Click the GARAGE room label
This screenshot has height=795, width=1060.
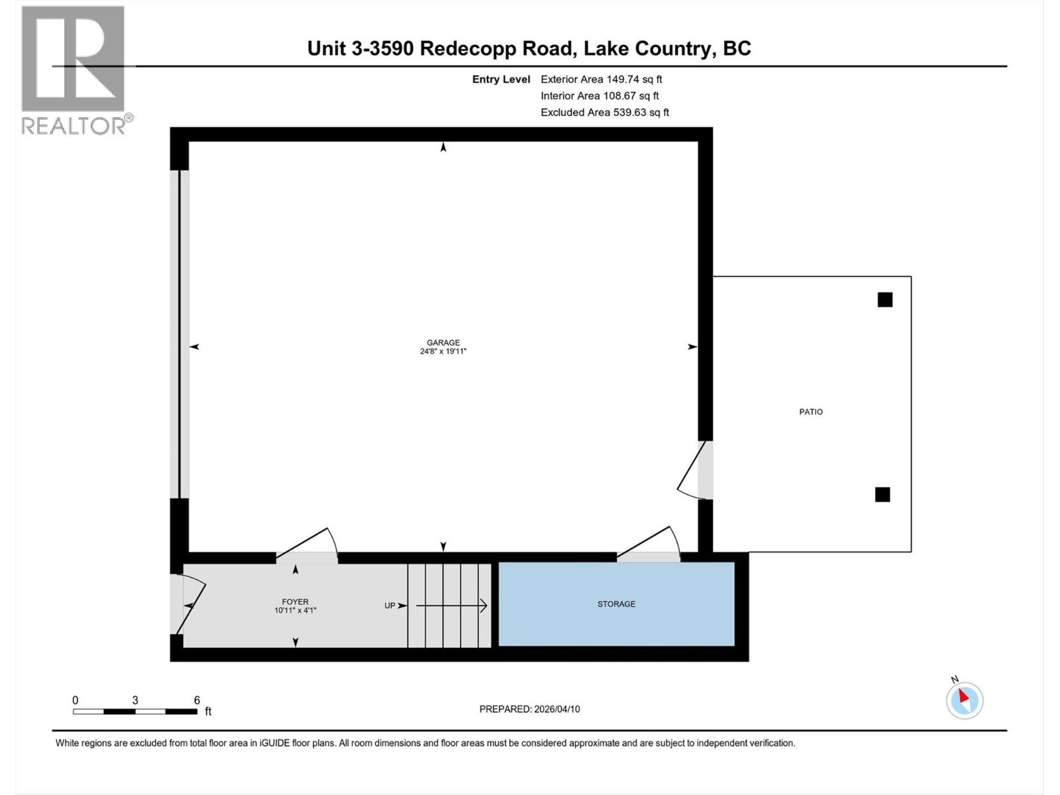point(443,343)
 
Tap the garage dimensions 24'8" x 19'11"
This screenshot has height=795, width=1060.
point(443,352)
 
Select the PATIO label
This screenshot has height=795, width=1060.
point(811,412)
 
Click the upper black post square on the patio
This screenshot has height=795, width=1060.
point(885,300)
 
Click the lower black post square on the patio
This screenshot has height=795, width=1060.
point(882,494)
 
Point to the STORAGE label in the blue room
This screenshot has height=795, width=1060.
point(616,604)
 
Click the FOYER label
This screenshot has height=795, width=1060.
point(295,602)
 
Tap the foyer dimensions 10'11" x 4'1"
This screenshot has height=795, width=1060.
point(295,611)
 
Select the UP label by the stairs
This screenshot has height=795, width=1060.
point(390,606)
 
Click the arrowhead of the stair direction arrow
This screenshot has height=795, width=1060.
point(484,606)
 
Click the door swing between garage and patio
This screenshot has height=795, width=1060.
point(694,472)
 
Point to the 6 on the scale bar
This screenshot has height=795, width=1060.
point(197,700)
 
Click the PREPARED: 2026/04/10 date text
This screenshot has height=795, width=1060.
point(529,709)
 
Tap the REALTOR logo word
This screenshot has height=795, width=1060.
point(73,125)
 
